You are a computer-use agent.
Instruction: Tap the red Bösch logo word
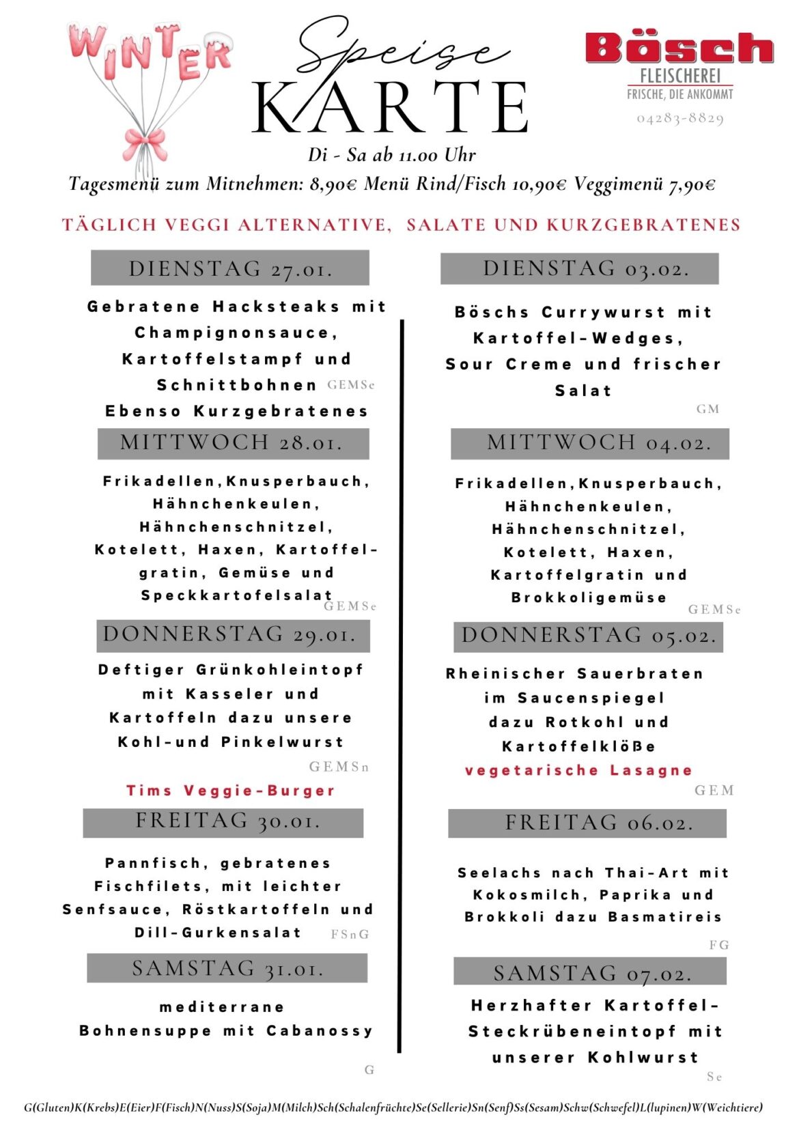[679, 48]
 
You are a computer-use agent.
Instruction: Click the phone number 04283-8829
[679, 118]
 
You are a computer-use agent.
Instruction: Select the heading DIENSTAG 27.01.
[230, 268]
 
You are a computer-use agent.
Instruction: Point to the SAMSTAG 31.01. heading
[227, 968]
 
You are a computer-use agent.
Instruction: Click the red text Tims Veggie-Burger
[231, 791]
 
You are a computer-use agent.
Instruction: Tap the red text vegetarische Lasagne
[578, 770]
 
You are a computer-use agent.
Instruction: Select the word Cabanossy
[320, 1030]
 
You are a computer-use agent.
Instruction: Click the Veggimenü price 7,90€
[690, 184]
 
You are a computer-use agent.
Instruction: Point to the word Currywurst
[603, 312]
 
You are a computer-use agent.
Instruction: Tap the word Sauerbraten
[640, 673]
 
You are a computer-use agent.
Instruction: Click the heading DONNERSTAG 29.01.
[229, 634]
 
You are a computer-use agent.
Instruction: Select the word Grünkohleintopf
[280, 670]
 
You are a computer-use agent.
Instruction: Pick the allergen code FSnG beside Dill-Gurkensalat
[350, 934]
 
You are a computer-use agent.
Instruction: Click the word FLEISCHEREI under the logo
[680, 76]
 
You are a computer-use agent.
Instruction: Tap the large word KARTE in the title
[391, 107]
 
